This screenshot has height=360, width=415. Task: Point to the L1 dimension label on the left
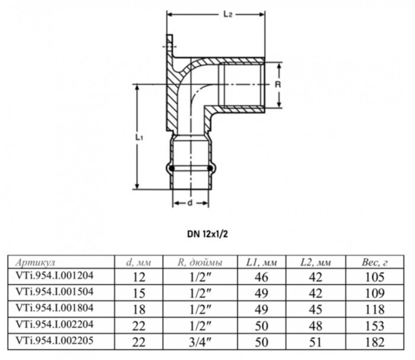point(138,137)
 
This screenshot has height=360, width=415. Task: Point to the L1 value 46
point(261,277)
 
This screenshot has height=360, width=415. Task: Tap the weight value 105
point(373,277)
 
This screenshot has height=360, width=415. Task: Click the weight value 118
point(373,309)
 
